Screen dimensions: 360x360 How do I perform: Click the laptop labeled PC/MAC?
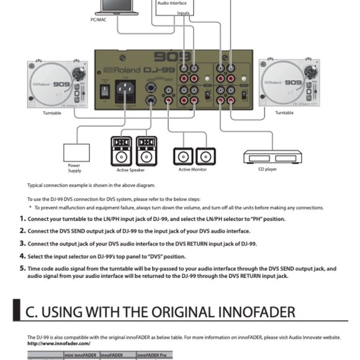tap(120, 7)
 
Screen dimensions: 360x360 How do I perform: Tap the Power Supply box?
tap(78, 152)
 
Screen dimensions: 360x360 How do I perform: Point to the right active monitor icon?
tap(204, 156)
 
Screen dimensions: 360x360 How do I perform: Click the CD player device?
tap(267, 158)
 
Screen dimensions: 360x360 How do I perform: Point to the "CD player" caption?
tap(266, 169)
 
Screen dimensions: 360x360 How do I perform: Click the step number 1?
tap(22, 218)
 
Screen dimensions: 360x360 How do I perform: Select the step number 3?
tap(22, 243)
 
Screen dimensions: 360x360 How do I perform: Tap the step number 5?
tap(22, 269)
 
